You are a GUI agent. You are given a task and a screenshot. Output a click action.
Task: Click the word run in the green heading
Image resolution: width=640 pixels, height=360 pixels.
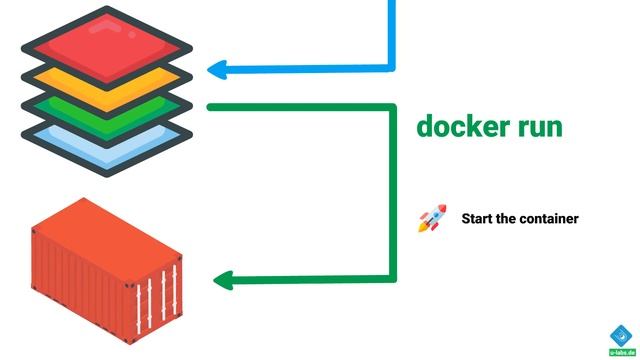click(534, 128)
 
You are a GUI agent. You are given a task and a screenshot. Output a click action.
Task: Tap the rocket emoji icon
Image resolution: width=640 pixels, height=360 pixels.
click(432, 218)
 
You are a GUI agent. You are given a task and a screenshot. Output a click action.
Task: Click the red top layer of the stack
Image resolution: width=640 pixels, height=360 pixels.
click(107, 39)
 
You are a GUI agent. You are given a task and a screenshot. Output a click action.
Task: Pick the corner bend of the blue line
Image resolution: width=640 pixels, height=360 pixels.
click(391, 68)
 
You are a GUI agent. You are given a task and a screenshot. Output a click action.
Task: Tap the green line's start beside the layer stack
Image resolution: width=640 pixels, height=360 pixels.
click(212, 106)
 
